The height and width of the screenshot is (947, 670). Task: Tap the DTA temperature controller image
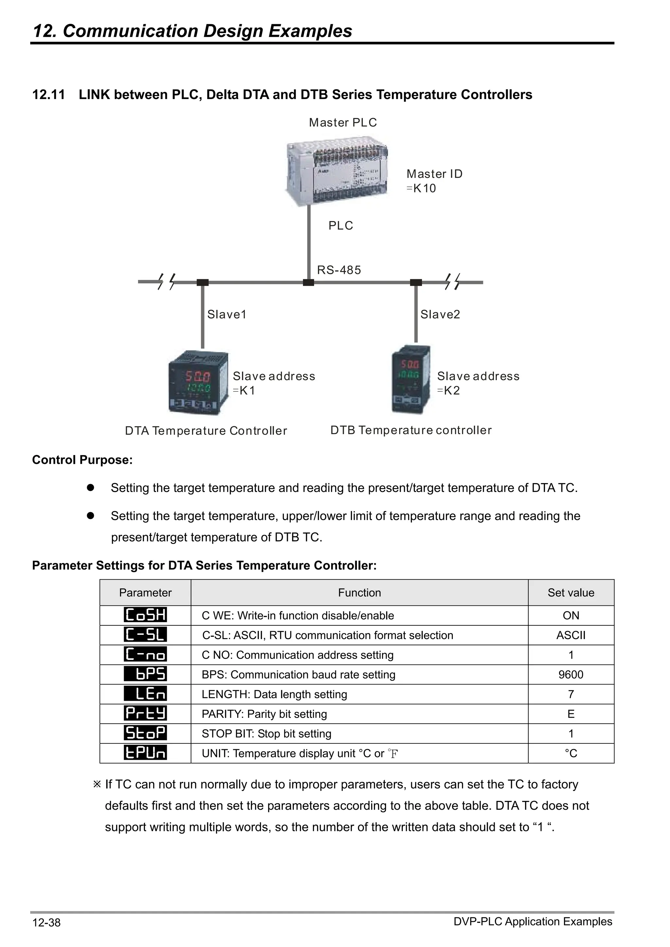coord(198,383)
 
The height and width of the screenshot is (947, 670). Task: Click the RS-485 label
coord(339,270)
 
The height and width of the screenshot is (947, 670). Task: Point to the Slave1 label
coord(227,315)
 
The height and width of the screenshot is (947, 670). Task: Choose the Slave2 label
coord(440,315)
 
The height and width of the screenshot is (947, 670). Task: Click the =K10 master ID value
coord(421,189)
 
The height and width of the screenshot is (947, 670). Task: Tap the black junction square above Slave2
coord(416,282)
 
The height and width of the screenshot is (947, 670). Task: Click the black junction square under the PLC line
coord(309,282)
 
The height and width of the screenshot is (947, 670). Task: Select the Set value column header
coord(571,593)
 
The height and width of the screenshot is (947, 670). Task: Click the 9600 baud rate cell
coord(571,674)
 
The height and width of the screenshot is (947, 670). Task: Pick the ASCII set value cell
coord(571,635)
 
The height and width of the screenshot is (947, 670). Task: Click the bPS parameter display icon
coord(145,674)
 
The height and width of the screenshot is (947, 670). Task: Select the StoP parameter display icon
coord(145,733)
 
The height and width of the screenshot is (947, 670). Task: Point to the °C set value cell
coord(571,753)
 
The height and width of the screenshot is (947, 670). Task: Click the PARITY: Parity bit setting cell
coord(264,714)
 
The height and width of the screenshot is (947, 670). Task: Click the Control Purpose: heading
coord(82,460)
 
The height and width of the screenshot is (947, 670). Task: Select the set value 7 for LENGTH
coord(571,694)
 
